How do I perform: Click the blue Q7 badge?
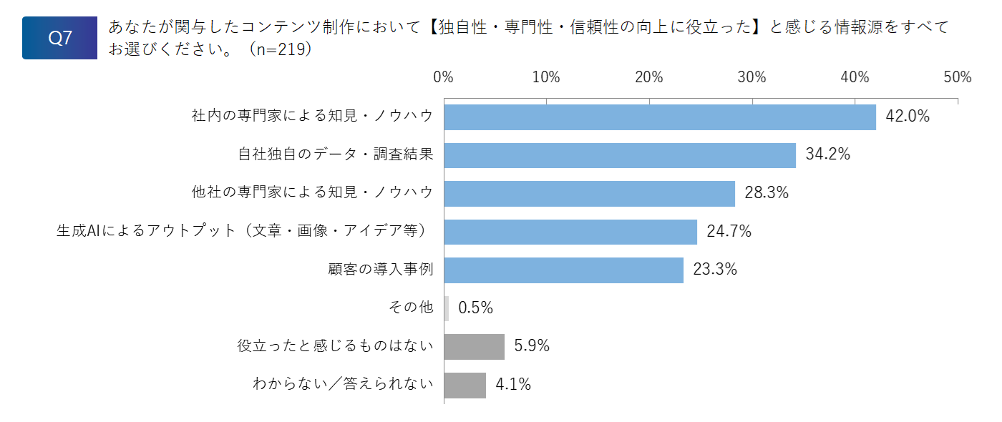(x=59, y=38)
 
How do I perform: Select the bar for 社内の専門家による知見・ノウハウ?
(x=660, y=117)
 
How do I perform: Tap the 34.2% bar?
(x=620, y=156)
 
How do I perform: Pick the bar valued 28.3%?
(x=590, y=194)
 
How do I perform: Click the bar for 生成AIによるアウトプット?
(x=570, y=232)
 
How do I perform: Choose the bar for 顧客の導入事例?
(x=564, y=270)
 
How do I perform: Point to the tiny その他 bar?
(x=447, y=308)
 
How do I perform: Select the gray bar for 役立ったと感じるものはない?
(x=474, y=347)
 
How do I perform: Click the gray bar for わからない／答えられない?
(x=465, y=386)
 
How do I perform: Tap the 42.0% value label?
(x=908, y=116)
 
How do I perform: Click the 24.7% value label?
(x=729, y=231)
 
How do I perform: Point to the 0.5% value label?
(x=475, y=308)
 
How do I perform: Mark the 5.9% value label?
(x=531, y=345)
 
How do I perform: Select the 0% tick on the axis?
(x=443, y=77)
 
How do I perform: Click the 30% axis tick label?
(x=752, y=77)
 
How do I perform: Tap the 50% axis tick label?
(x=958, y=77)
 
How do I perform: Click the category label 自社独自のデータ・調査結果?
(x=336, y=154)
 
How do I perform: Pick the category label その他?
(x=411, y=307)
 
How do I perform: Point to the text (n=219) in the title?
(x=281, y=49)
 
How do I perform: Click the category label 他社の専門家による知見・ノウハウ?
(x=313, y=192)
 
